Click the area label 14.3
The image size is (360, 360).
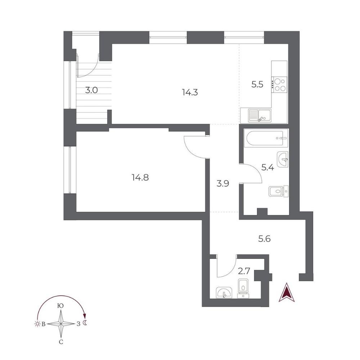point(190,92)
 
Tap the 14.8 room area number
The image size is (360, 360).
point(140,177)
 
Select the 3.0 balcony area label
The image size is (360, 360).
point(91,90)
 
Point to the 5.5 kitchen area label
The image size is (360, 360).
point(257,85)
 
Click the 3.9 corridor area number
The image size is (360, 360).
point(223,184)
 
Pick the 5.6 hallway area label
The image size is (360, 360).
point(265,239)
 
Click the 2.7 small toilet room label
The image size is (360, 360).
point(244,271)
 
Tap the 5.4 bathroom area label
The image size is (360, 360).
point(268,168)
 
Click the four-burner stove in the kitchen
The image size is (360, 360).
point(279,85)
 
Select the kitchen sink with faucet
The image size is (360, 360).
point(260,116)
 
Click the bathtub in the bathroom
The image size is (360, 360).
point(266,138)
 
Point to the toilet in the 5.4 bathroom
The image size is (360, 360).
point(278,191)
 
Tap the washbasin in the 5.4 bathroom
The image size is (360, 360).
point(283,159)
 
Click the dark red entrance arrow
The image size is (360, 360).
point(287,292)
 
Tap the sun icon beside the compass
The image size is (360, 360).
point(37,324)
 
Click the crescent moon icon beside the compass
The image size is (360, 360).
point(85,323)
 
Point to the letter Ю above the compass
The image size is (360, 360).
point(60,306)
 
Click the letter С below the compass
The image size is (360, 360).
point(61,342)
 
